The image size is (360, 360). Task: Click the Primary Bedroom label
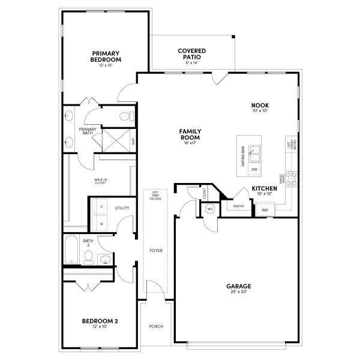click(x=106, y=56)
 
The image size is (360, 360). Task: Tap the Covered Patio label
click(x=192, y=53)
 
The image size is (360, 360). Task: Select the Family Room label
click(x=190, y=133)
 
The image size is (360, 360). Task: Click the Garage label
click(x=238, y=286)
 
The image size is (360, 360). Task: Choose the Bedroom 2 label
click(x=100, y=322)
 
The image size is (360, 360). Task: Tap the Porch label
click(x=156, y=326)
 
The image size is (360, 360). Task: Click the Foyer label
click(x=156, y=250)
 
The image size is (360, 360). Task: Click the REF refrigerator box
click(x=265, y=210)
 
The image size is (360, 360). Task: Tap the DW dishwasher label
click(x=254, y=170)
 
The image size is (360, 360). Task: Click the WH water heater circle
click(x=210, y=209)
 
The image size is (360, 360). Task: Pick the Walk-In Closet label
click(x=100, y=181)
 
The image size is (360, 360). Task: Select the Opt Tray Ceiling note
click(x=155, y=197)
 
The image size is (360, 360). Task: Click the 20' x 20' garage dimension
click(x=238, y=292)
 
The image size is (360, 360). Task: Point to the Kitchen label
click(x=265, y=189)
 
